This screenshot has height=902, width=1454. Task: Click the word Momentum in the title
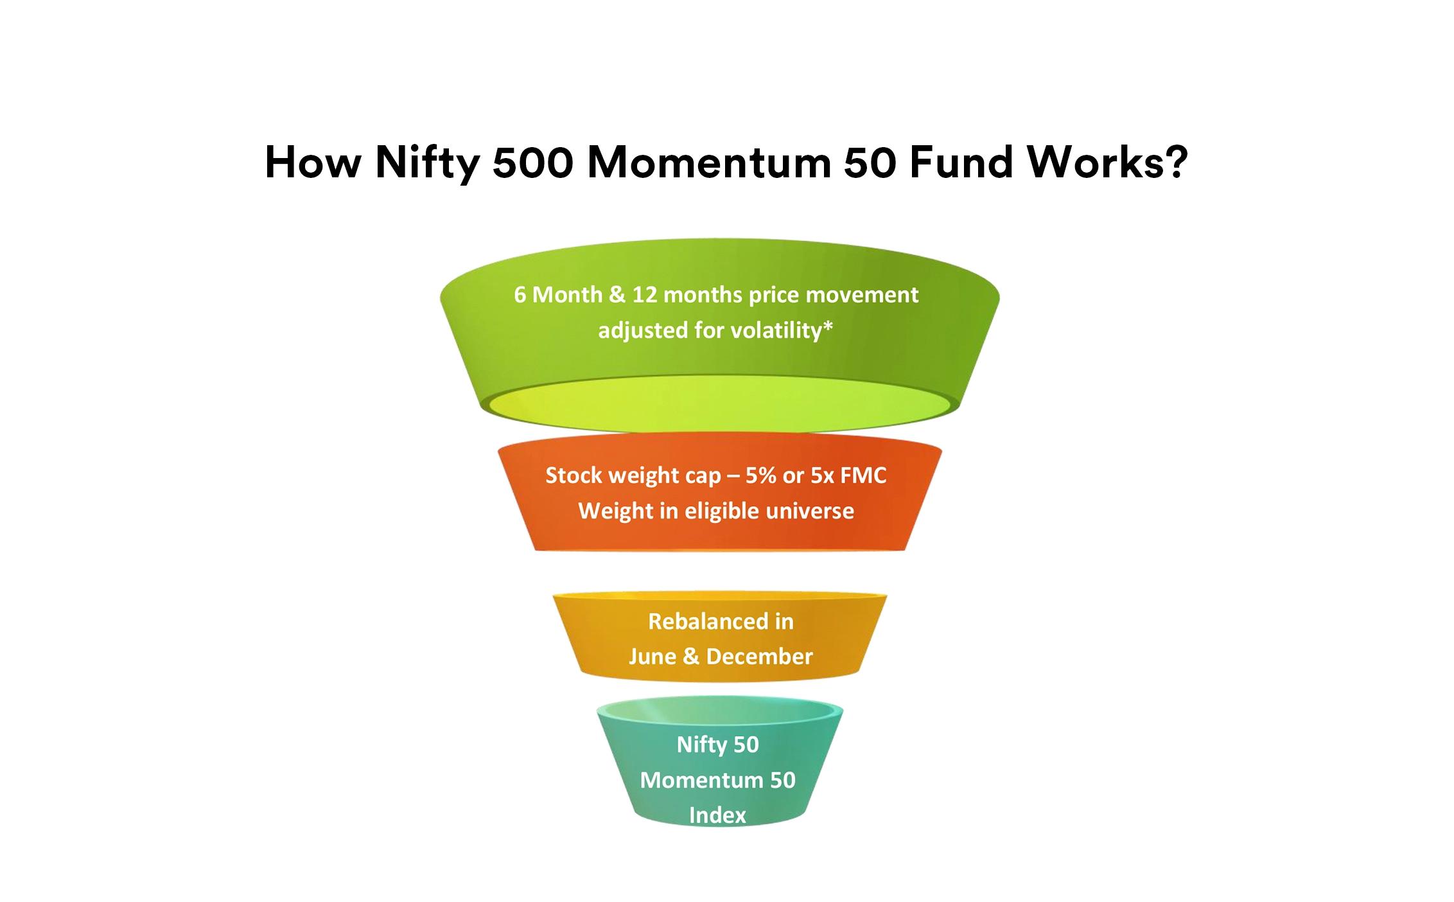pyautogui.click(x=710, y=162)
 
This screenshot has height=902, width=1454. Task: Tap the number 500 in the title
pyautogui.click(x=533, y=162)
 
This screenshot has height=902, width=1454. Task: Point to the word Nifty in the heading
pyautogui.click(x=428, y=163)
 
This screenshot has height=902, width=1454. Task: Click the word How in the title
pyautogui.click(x=313, y=162)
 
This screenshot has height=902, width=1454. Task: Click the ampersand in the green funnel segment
pyautogui.click(x=617, y=295)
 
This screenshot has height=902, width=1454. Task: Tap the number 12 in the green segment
pyautogui.click(x=645, y=295)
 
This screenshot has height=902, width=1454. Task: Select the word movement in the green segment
pyautogui.click(x=862, y=295)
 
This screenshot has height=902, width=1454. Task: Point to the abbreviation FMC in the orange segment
pyautogui.click(x=863, y=475)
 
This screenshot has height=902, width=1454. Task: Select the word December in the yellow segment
pyautogui.click(x=759, y=657)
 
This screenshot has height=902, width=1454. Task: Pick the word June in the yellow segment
pyautogui.click(x=653, y=657)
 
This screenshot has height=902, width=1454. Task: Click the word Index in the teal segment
pyautogui.click(x=717, y=815)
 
